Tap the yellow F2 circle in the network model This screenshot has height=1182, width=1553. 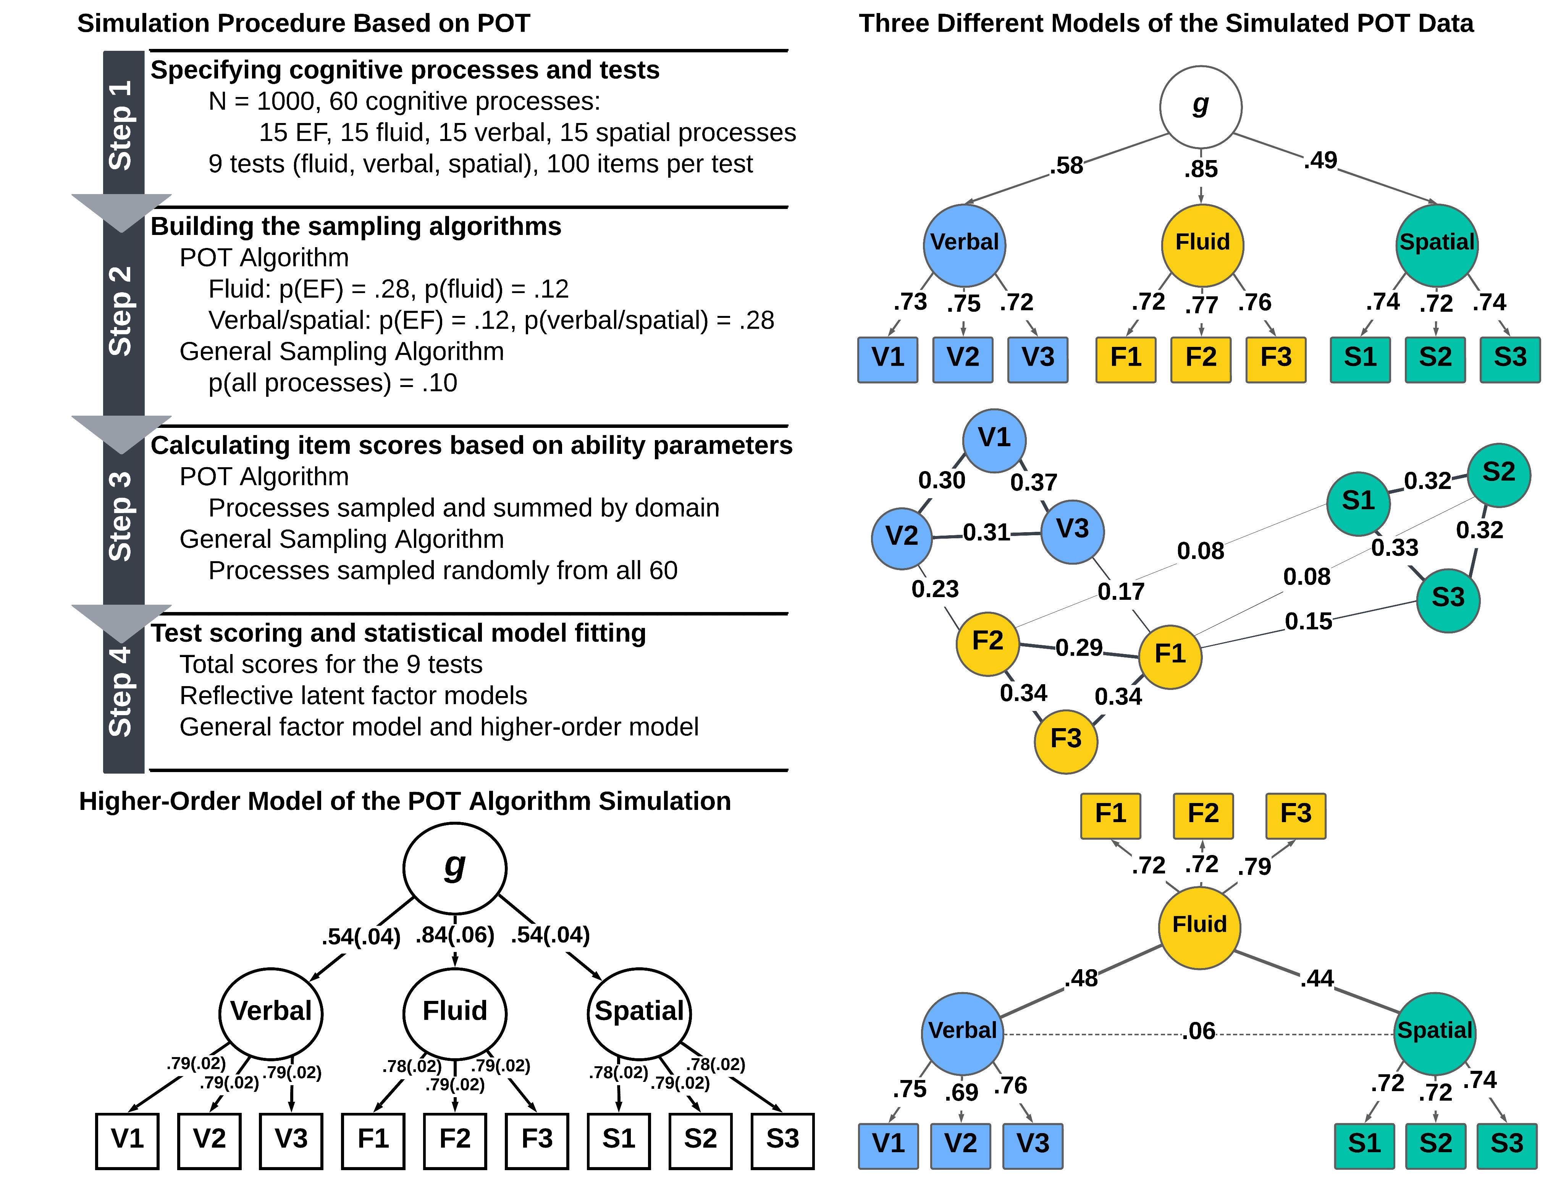(987, 642)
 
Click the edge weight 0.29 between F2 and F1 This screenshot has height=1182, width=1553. (1079, 647)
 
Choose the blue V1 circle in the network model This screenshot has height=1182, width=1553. (994, 439)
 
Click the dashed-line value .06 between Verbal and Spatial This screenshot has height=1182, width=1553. (1199, 1031)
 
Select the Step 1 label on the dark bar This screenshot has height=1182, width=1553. (122, 125)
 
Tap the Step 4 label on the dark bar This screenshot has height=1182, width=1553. (122, 691)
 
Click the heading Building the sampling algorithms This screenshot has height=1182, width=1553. (356, 227)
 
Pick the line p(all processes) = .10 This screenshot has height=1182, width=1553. (333, 383)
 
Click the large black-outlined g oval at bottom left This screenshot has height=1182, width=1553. (454, 868)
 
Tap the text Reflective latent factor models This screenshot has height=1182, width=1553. (353, 696)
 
